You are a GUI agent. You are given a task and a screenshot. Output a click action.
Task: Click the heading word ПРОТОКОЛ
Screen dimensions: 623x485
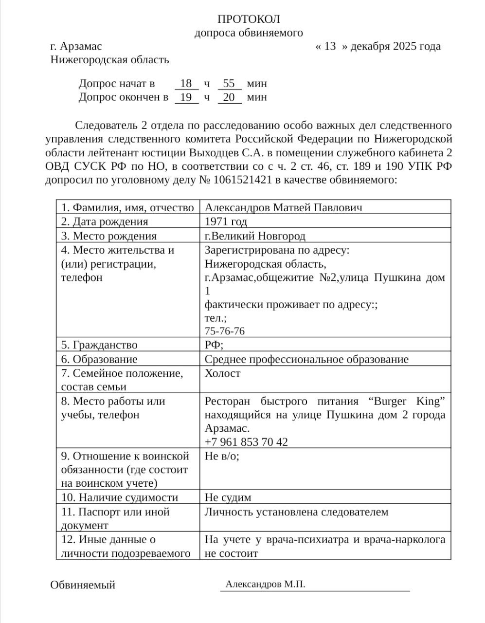click(x=249, y=19)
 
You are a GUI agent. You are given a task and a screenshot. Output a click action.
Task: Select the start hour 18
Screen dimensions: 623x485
click(x=186, y=84)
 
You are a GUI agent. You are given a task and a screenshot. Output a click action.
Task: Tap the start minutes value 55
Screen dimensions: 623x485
click(x=229, y=84)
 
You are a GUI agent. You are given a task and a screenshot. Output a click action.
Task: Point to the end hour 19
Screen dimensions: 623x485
click(x=186, y=97)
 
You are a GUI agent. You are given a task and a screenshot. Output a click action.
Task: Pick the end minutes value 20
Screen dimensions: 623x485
click(x=229, y=97)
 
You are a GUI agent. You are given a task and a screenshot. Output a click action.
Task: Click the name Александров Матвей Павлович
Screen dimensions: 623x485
click(x=283, y=208)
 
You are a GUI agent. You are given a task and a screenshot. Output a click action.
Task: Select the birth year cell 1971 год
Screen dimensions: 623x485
click(x=226, y=222)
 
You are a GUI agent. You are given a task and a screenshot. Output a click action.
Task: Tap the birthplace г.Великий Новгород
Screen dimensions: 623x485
click(x=255, y=236)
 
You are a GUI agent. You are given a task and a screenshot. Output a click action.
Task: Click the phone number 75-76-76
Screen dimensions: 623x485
click(x=224, y=331)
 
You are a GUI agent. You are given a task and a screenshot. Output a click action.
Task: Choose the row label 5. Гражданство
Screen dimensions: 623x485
click(x=99, y=345)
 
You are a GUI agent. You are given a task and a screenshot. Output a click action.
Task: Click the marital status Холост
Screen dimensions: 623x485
click(x=222, y=373)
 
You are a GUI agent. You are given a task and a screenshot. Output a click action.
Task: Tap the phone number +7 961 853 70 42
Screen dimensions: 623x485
click(x=246, y=442)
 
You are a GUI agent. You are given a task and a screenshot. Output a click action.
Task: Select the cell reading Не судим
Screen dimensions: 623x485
click(x=228, y=497)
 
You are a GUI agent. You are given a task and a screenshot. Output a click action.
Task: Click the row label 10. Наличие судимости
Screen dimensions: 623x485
click(x=120, y=497)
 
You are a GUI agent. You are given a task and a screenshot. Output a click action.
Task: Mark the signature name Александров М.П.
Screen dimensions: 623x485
click(x=265, y=585)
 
